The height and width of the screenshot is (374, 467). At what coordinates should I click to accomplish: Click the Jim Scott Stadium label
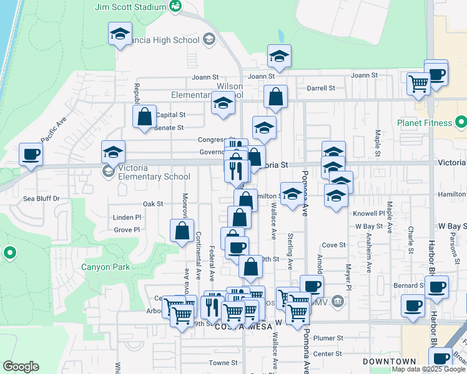coord(130,7)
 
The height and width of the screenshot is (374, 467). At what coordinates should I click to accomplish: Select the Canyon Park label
coord(106,268)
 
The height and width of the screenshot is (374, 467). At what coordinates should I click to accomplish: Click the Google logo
coord(21,367)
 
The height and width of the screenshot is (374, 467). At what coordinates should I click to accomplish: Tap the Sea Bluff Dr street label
coord(41,199)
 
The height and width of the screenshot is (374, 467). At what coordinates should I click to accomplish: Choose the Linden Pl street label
coord(127,218)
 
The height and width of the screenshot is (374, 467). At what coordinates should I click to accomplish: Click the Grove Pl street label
coord(127,230)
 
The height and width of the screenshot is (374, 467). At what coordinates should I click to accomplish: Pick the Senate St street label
coord(169,128)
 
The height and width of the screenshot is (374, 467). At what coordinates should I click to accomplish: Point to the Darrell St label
coord(321,89)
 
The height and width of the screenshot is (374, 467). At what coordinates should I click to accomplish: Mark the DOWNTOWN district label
coord(390,362)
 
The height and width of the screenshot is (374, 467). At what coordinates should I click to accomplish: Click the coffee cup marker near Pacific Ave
coord(30,153)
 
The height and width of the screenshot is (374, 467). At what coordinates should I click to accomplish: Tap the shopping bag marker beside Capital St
coord(144,116)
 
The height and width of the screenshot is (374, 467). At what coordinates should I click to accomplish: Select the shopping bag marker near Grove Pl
coord(181,231)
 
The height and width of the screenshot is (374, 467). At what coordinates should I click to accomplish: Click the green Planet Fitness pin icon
coord(461,120)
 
